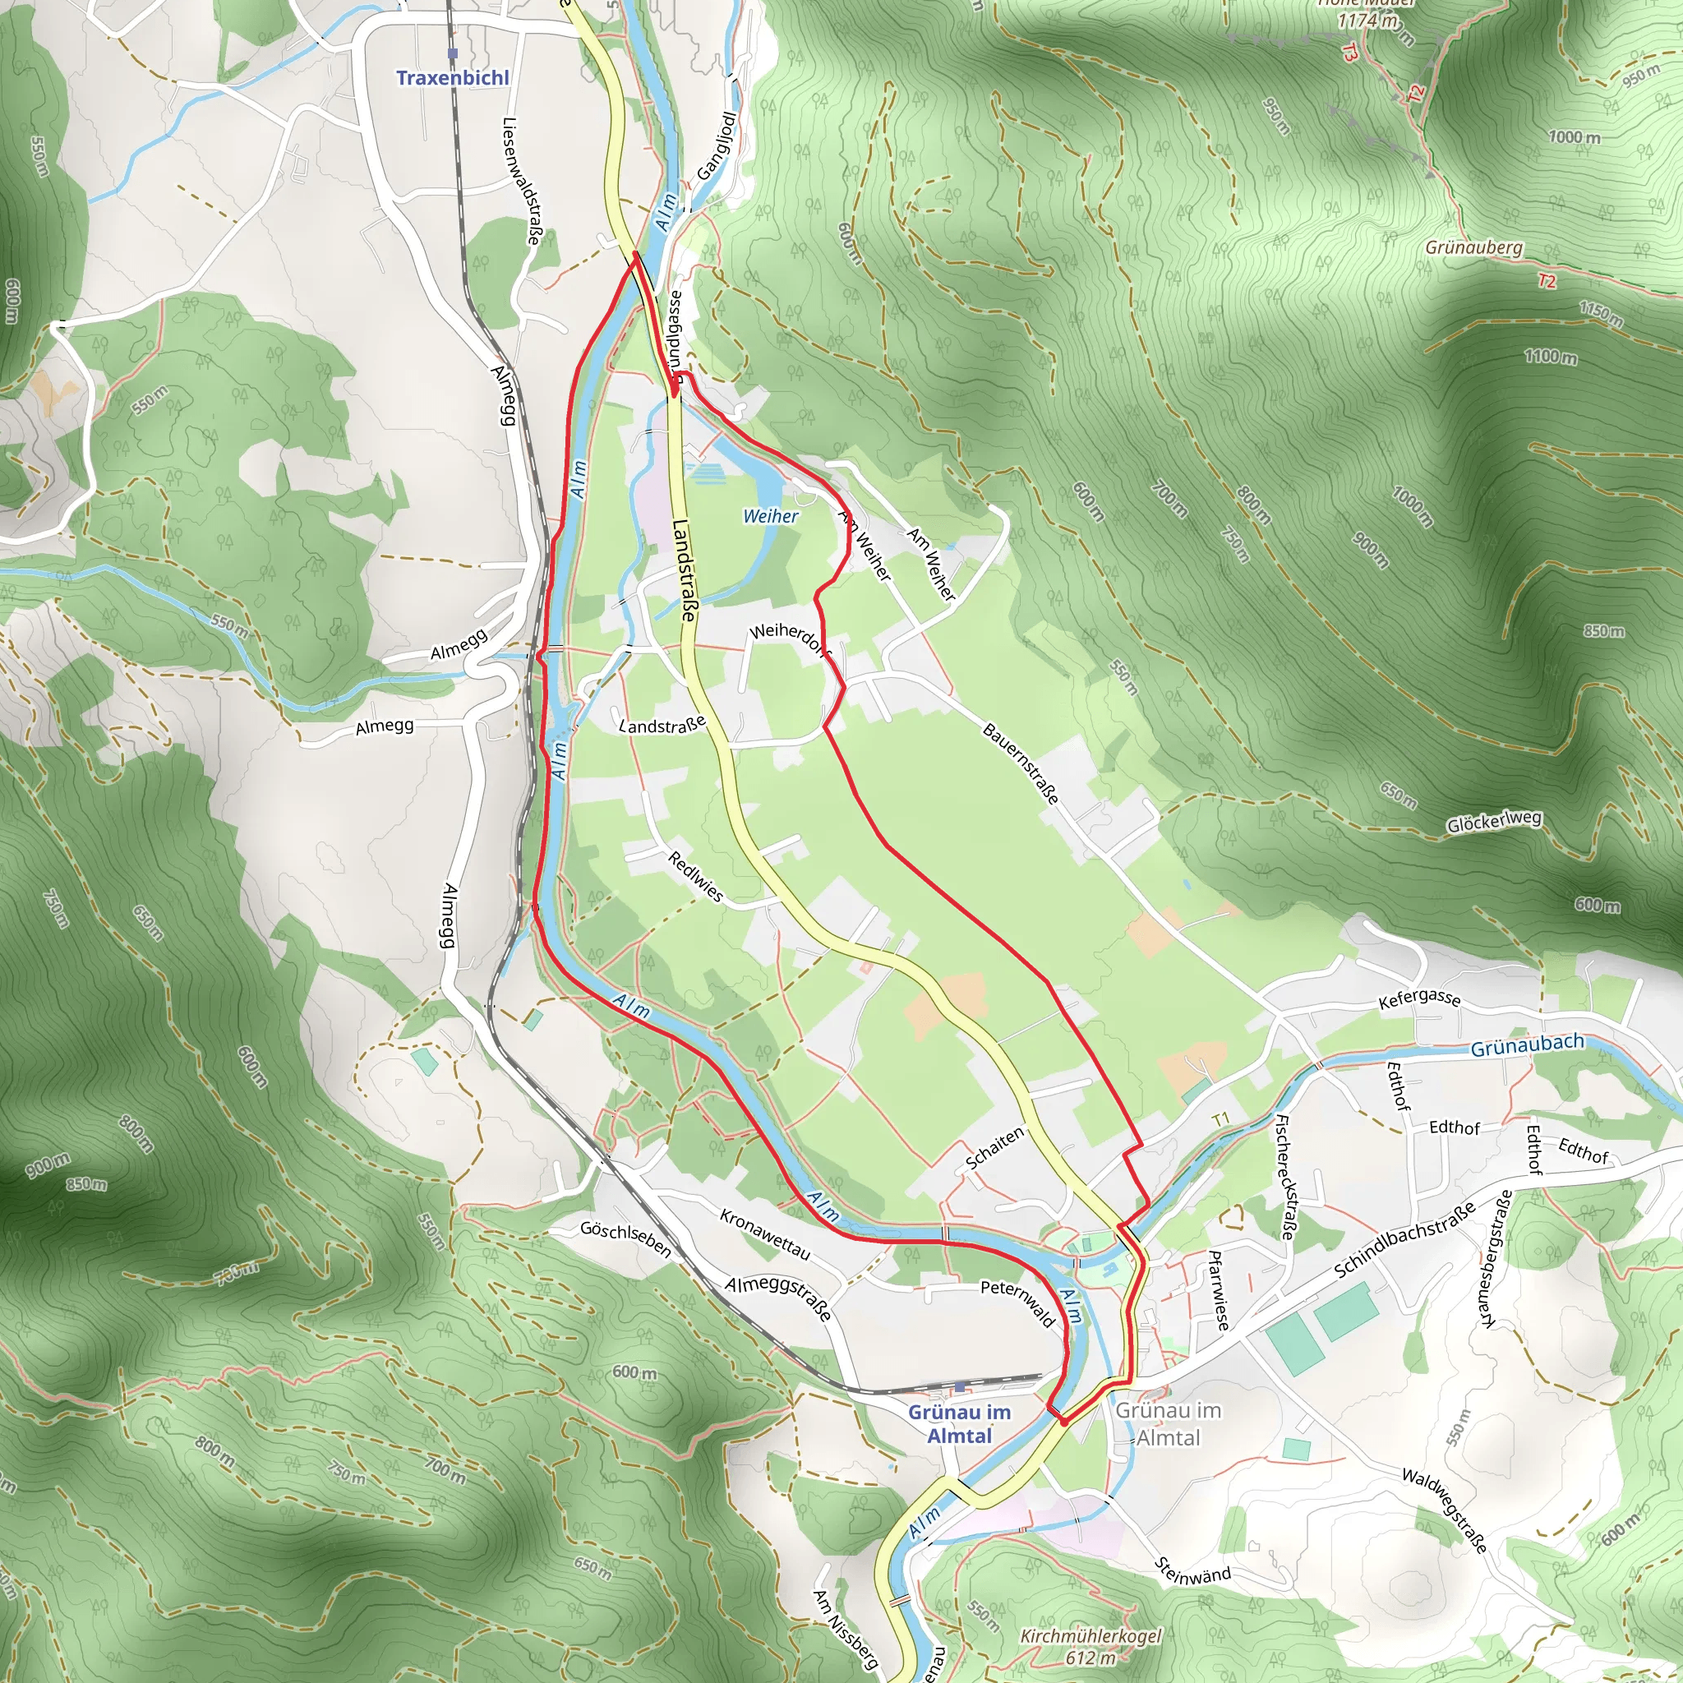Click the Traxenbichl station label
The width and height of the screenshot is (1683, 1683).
452,77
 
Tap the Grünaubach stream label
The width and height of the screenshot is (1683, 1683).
1526,1045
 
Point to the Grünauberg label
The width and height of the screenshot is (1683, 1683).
1474,247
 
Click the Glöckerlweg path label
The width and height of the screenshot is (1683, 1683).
1494,822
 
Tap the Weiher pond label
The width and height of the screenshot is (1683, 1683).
770,517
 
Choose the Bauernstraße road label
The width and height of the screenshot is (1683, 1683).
1021,763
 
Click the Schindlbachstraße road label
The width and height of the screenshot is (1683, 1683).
1404,1238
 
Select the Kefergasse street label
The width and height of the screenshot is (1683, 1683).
1419,998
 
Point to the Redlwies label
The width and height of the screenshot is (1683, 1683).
695,875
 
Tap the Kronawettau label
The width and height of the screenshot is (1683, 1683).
765,1233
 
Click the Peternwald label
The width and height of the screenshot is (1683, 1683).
1017,1303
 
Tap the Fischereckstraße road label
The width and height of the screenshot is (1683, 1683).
1284,1176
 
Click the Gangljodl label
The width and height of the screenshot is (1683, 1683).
717,145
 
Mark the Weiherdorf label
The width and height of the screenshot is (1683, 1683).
790,637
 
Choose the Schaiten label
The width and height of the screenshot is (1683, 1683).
995,1148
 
